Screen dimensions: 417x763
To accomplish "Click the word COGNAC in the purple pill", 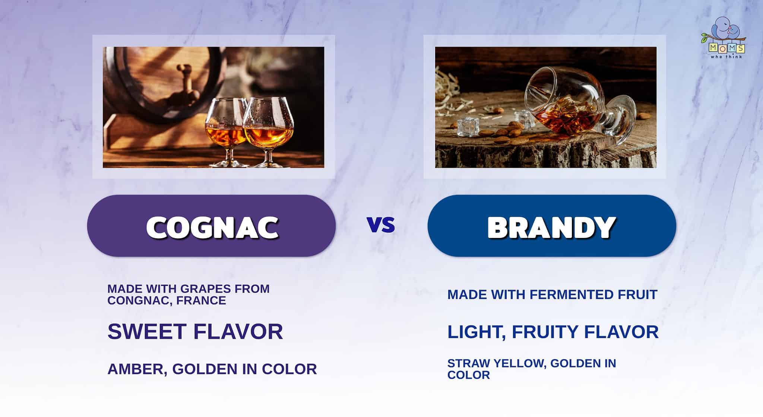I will click(x=212, y=227).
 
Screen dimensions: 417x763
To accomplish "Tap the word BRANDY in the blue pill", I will click(x=551, y=227).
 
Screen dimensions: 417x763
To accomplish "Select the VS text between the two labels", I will click(x=381, y=225).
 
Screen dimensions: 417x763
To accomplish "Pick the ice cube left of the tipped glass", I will click(x=462, y=127).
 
